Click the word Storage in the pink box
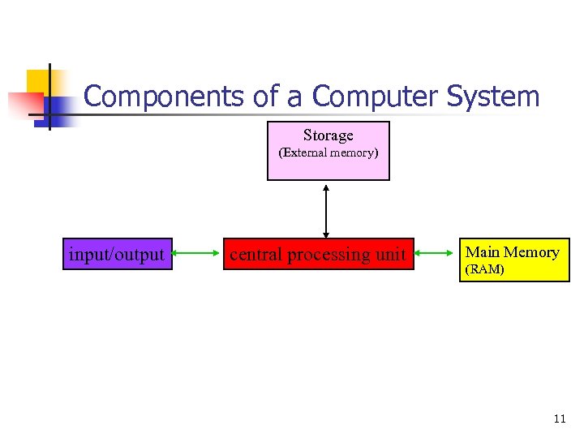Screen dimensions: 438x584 (328, 135)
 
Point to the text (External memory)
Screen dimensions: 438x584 (328, 152)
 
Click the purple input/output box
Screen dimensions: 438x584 (117, 255)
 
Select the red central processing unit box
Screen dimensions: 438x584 (318, 255)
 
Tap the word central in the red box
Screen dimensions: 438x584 (256, 255)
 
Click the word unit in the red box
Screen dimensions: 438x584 (390, 255)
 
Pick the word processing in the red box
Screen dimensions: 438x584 (329, 255)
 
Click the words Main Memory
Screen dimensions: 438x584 (512, 252)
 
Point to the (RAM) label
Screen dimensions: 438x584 (483, 270)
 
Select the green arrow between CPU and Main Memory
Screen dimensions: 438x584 (434, 255)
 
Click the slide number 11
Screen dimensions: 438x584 (559, 419)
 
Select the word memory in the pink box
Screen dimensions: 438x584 (354, 152)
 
